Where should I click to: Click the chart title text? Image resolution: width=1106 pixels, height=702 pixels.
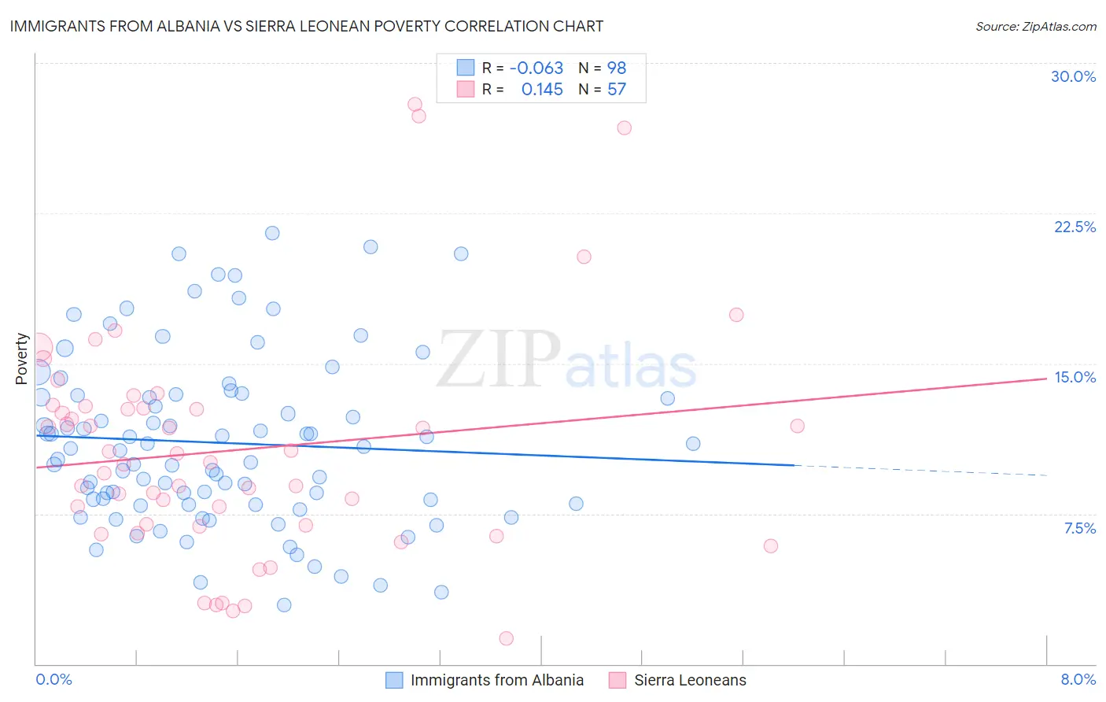(x=307, y=26)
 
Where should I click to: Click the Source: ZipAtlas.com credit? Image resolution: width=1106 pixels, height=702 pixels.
(x=1035, y=26)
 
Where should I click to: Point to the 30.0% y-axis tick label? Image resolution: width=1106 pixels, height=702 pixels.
(x=1073, y=76)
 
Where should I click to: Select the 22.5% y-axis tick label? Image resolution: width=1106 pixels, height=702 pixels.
(x=1074, y=227)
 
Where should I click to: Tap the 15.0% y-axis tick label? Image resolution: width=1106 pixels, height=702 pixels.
(x=1074, y=377)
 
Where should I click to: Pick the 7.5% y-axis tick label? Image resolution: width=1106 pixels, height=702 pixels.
(x=1079, y=528)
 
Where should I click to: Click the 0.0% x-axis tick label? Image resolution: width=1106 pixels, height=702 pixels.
(x=53, y=679)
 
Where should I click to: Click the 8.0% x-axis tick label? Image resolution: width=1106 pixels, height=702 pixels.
(x=1078, y=679)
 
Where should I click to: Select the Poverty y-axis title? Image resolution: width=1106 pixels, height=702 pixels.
(x=21, y=359)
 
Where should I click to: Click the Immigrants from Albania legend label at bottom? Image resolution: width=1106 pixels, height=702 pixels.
(x=496, y=680)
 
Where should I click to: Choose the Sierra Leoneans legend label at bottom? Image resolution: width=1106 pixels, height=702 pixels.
(x=690, y=680)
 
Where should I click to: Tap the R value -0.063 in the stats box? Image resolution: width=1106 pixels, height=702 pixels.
(x=536, y=68)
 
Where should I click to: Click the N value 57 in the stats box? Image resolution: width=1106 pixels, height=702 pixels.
(x=617, y=90)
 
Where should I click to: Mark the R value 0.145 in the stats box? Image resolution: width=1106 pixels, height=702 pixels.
(x=542, y=90)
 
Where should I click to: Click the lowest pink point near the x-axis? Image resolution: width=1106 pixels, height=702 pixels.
(x=506, y=638)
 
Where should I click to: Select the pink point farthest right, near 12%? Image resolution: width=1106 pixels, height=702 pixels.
(x=797, y=426)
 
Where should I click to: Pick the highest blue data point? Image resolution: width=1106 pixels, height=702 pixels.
(x=272, y=233)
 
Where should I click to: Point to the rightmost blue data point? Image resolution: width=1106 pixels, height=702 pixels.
(x=693, y=443)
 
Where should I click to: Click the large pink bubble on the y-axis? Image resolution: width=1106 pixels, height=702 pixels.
(x=38, y=346)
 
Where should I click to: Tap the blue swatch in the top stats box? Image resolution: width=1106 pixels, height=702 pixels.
(x=466, y=68)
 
